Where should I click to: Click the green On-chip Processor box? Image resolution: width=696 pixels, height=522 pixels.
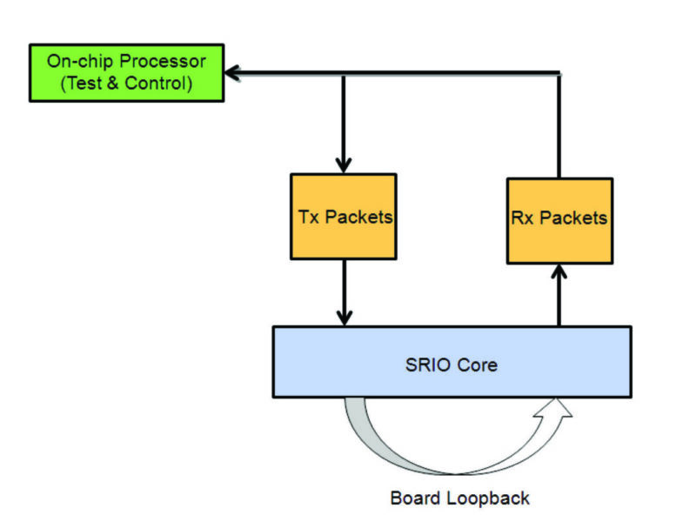126,73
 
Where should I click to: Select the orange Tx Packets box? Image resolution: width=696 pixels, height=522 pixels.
344,217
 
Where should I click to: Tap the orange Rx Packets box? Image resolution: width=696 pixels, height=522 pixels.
559,220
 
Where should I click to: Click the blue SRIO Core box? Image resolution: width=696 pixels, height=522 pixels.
452,362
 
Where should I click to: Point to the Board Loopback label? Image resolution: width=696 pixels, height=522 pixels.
459,499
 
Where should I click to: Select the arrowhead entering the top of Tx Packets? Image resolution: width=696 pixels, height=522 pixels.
344,164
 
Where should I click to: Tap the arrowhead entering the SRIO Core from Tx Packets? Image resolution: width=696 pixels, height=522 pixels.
345,318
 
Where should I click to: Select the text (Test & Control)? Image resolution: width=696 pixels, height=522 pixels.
126,84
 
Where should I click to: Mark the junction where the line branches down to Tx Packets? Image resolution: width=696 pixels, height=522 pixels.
344,74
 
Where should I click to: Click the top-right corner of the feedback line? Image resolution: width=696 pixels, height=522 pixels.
559,74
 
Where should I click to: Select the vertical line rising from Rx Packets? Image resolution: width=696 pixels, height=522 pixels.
559,126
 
